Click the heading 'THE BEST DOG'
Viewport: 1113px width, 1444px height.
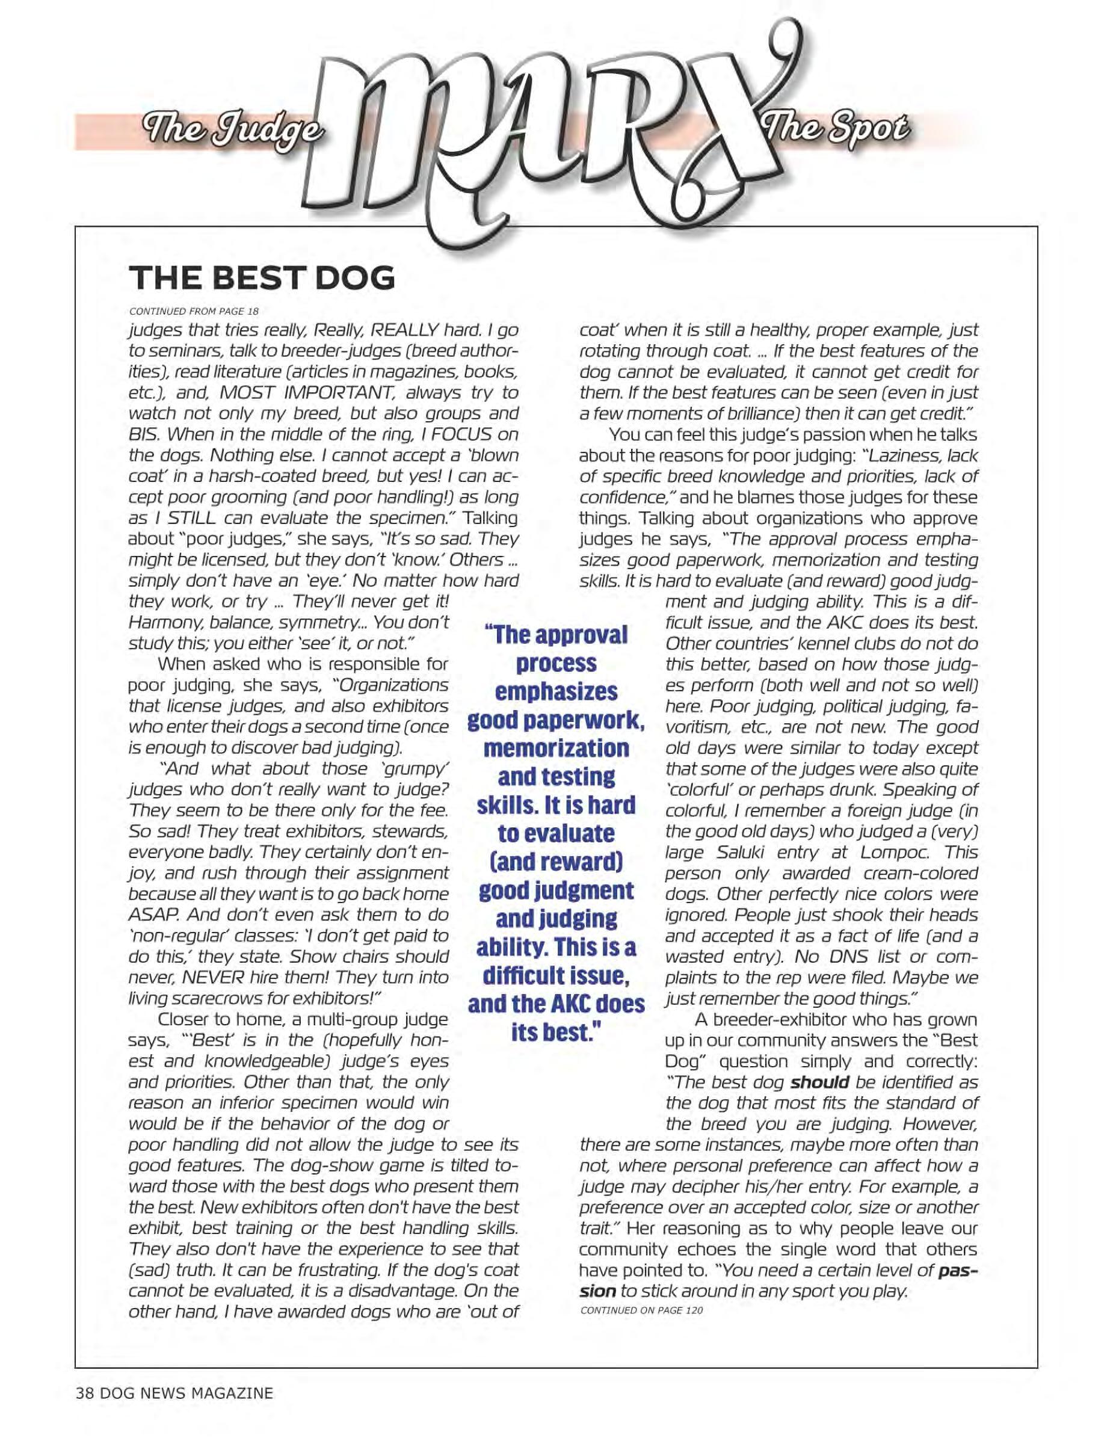point(262,279)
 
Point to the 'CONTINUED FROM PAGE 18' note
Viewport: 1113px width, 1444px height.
point(194,310)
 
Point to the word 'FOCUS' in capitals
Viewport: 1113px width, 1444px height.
point(454,434)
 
